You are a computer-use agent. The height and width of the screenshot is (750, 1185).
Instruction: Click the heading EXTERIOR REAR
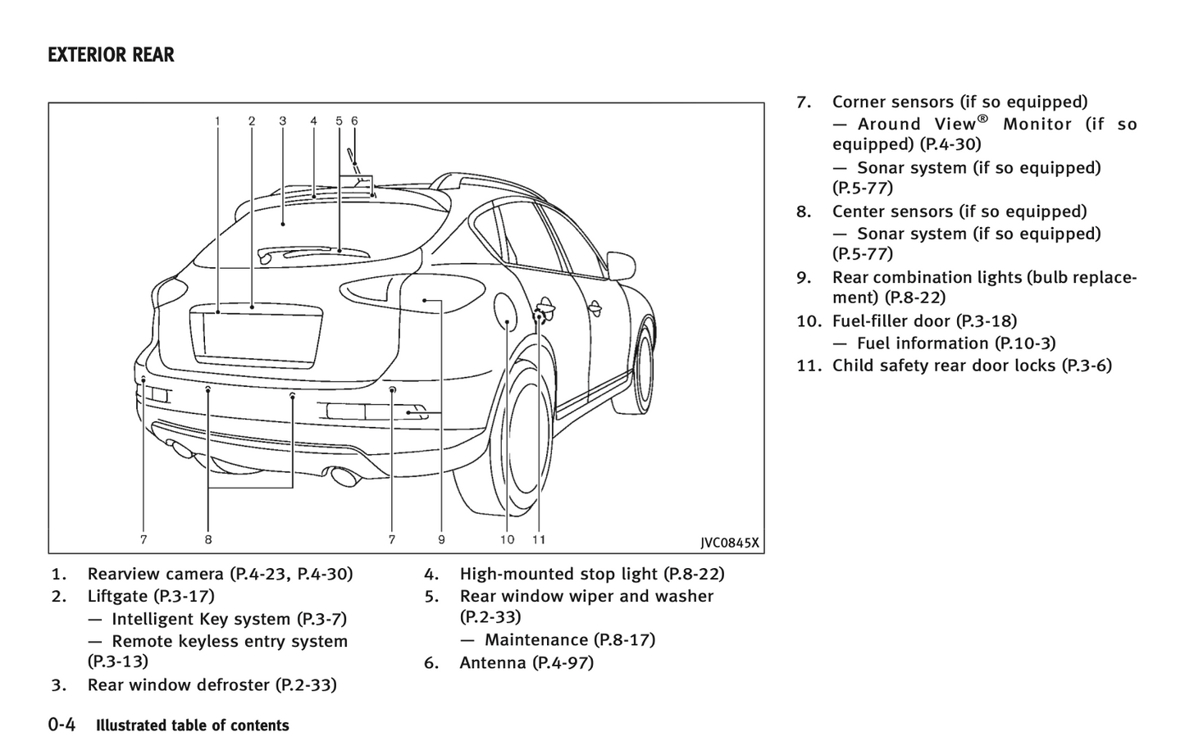tap(111, 55)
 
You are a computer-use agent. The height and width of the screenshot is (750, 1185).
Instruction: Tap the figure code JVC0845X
tap(729, 543)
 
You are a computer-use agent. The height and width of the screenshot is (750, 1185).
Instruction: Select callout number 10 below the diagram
tap(507, 539)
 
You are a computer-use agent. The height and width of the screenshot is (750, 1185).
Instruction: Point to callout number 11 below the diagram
tap(538, 539)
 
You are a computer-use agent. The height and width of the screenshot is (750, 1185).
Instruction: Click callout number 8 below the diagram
tap(208, 539)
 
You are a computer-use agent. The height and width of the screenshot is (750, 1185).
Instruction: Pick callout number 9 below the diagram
tap(441, 539)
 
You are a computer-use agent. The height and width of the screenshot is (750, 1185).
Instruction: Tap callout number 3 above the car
tap(282, 120)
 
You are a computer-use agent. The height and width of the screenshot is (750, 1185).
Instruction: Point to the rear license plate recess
tap(256, 334)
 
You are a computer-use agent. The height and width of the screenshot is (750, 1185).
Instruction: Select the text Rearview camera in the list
tap(155, 574)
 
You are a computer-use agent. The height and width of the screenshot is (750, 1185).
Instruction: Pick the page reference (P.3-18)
tap(986, 320)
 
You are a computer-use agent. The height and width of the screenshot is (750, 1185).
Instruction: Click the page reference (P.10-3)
tap(1025, 343)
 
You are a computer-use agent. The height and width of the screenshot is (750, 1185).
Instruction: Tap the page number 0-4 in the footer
tap(62, 725)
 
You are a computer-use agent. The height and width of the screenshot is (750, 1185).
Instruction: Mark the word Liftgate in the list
tap(117, 596)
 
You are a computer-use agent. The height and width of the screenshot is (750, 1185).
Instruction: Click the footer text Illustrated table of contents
tap(193, 725)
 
